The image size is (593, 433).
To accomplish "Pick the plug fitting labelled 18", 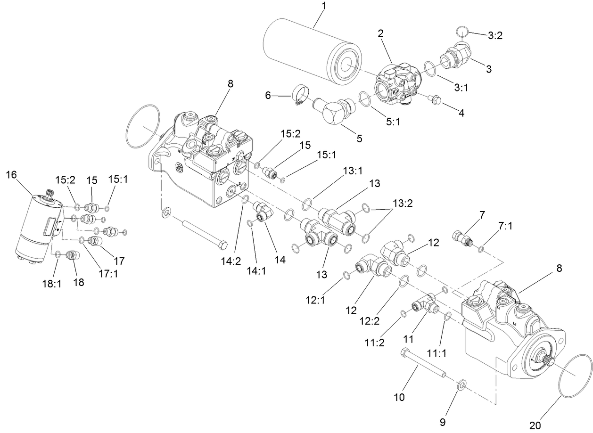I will [73, 256].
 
